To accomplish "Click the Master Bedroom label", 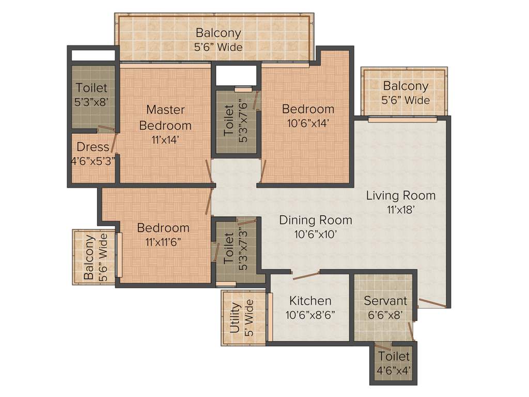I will click(165, 117).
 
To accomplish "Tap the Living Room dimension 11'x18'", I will click(400, 209).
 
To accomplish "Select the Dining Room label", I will click(316, 220).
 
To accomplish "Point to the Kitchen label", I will click(310, 300).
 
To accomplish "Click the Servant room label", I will click(385, 300).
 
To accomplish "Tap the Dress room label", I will click(93, 146).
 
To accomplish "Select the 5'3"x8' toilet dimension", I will click(91, 102).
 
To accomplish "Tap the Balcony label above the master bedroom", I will click(218, 33).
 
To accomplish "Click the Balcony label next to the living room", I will click(406, 86).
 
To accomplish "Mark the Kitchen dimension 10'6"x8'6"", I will click(310, 314).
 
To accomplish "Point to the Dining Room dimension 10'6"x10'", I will click(316, 234).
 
